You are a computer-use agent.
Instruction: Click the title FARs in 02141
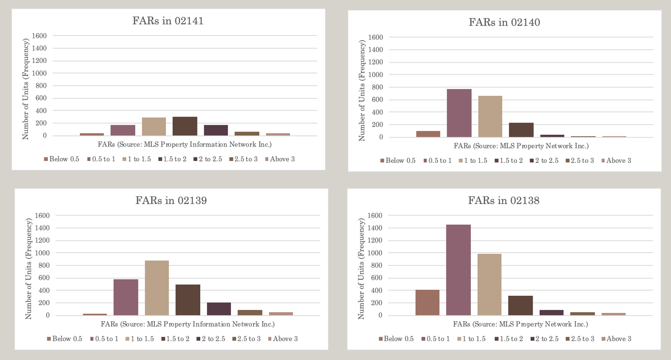pos(168,21)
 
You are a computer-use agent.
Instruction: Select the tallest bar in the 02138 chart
pos(458,270)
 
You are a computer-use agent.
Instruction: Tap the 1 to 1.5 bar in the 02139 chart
pos(157,288)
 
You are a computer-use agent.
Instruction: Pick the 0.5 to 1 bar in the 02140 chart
pos(459,113)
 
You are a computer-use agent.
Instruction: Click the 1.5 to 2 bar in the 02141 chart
pos(185,126)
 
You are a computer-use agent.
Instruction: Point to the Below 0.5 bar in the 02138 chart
pos(427,303)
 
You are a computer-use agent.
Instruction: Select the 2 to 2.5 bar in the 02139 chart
pos(219,309)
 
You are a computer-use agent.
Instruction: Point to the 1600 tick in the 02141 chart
pos(39,36)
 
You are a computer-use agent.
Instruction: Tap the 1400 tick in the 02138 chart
pos(375,228)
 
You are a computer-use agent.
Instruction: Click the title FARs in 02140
pos(504,22)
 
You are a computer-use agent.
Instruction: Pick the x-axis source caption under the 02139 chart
pos(187,324)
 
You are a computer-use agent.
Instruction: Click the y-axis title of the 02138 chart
pos(361,269)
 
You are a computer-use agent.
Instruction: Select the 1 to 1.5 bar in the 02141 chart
pos(154,127)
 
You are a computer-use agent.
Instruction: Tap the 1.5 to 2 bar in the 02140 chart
pos(521,130)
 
